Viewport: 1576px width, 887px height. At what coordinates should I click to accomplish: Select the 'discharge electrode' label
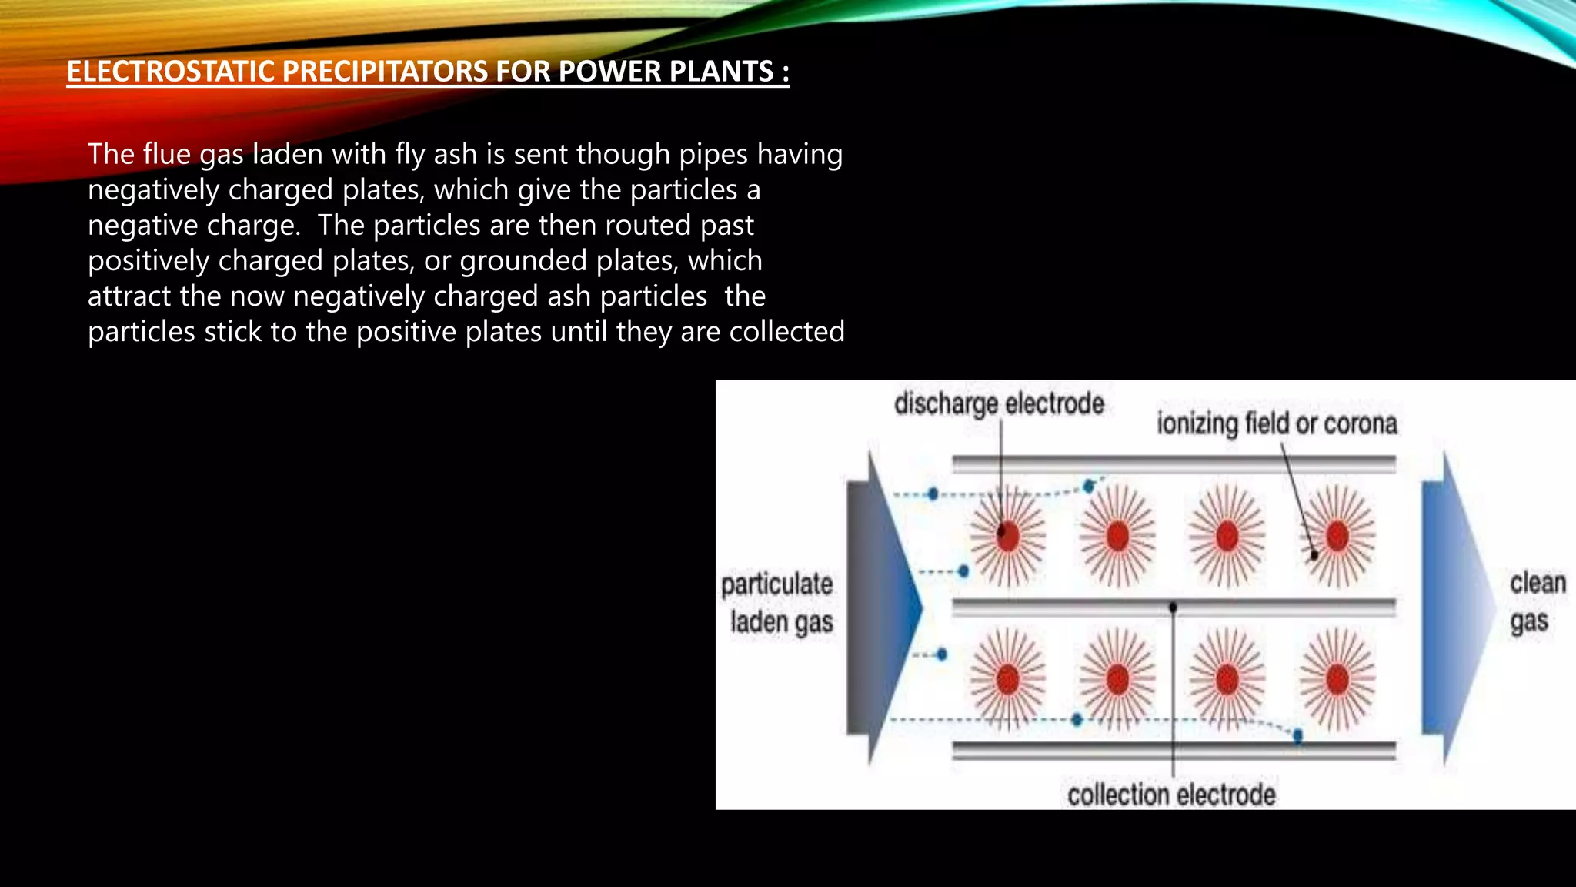tap(998, 403)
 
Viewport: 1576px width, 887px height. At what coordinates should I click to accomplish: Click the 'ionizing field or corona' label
tap(1277, 423)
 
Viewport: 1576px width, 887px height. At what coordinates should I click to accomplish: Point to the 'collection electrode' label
tap(1170, 795)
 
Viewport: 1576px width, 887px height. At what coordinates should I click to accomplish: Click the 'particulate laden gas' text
tap(777, 603)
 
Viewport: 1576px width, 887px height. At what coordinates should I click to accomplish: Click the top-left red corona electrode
tap(1007, 536)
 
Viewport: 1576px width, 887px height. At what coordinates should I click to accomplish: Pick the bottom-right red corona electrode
tap(1337, 680)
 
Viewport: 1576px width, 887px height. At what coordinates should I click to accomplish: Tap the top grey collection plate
tap(1173, 464)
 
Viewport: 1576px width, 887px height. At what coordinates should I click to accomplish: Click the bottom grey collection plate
tap(1173, 751)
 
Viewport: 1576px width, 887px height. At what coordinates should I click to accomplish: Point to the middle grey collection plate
tap(1173, 608)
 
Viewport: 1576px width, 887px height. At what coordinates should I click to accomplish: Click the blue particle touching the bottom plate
tap(1298, 736)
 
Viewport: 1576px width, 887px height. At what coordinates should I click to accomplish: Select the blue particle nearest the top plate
tap(1089, 486)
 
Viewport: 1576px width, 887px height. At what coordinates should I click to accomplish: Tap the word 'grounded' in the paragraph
tap(523, 261)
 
